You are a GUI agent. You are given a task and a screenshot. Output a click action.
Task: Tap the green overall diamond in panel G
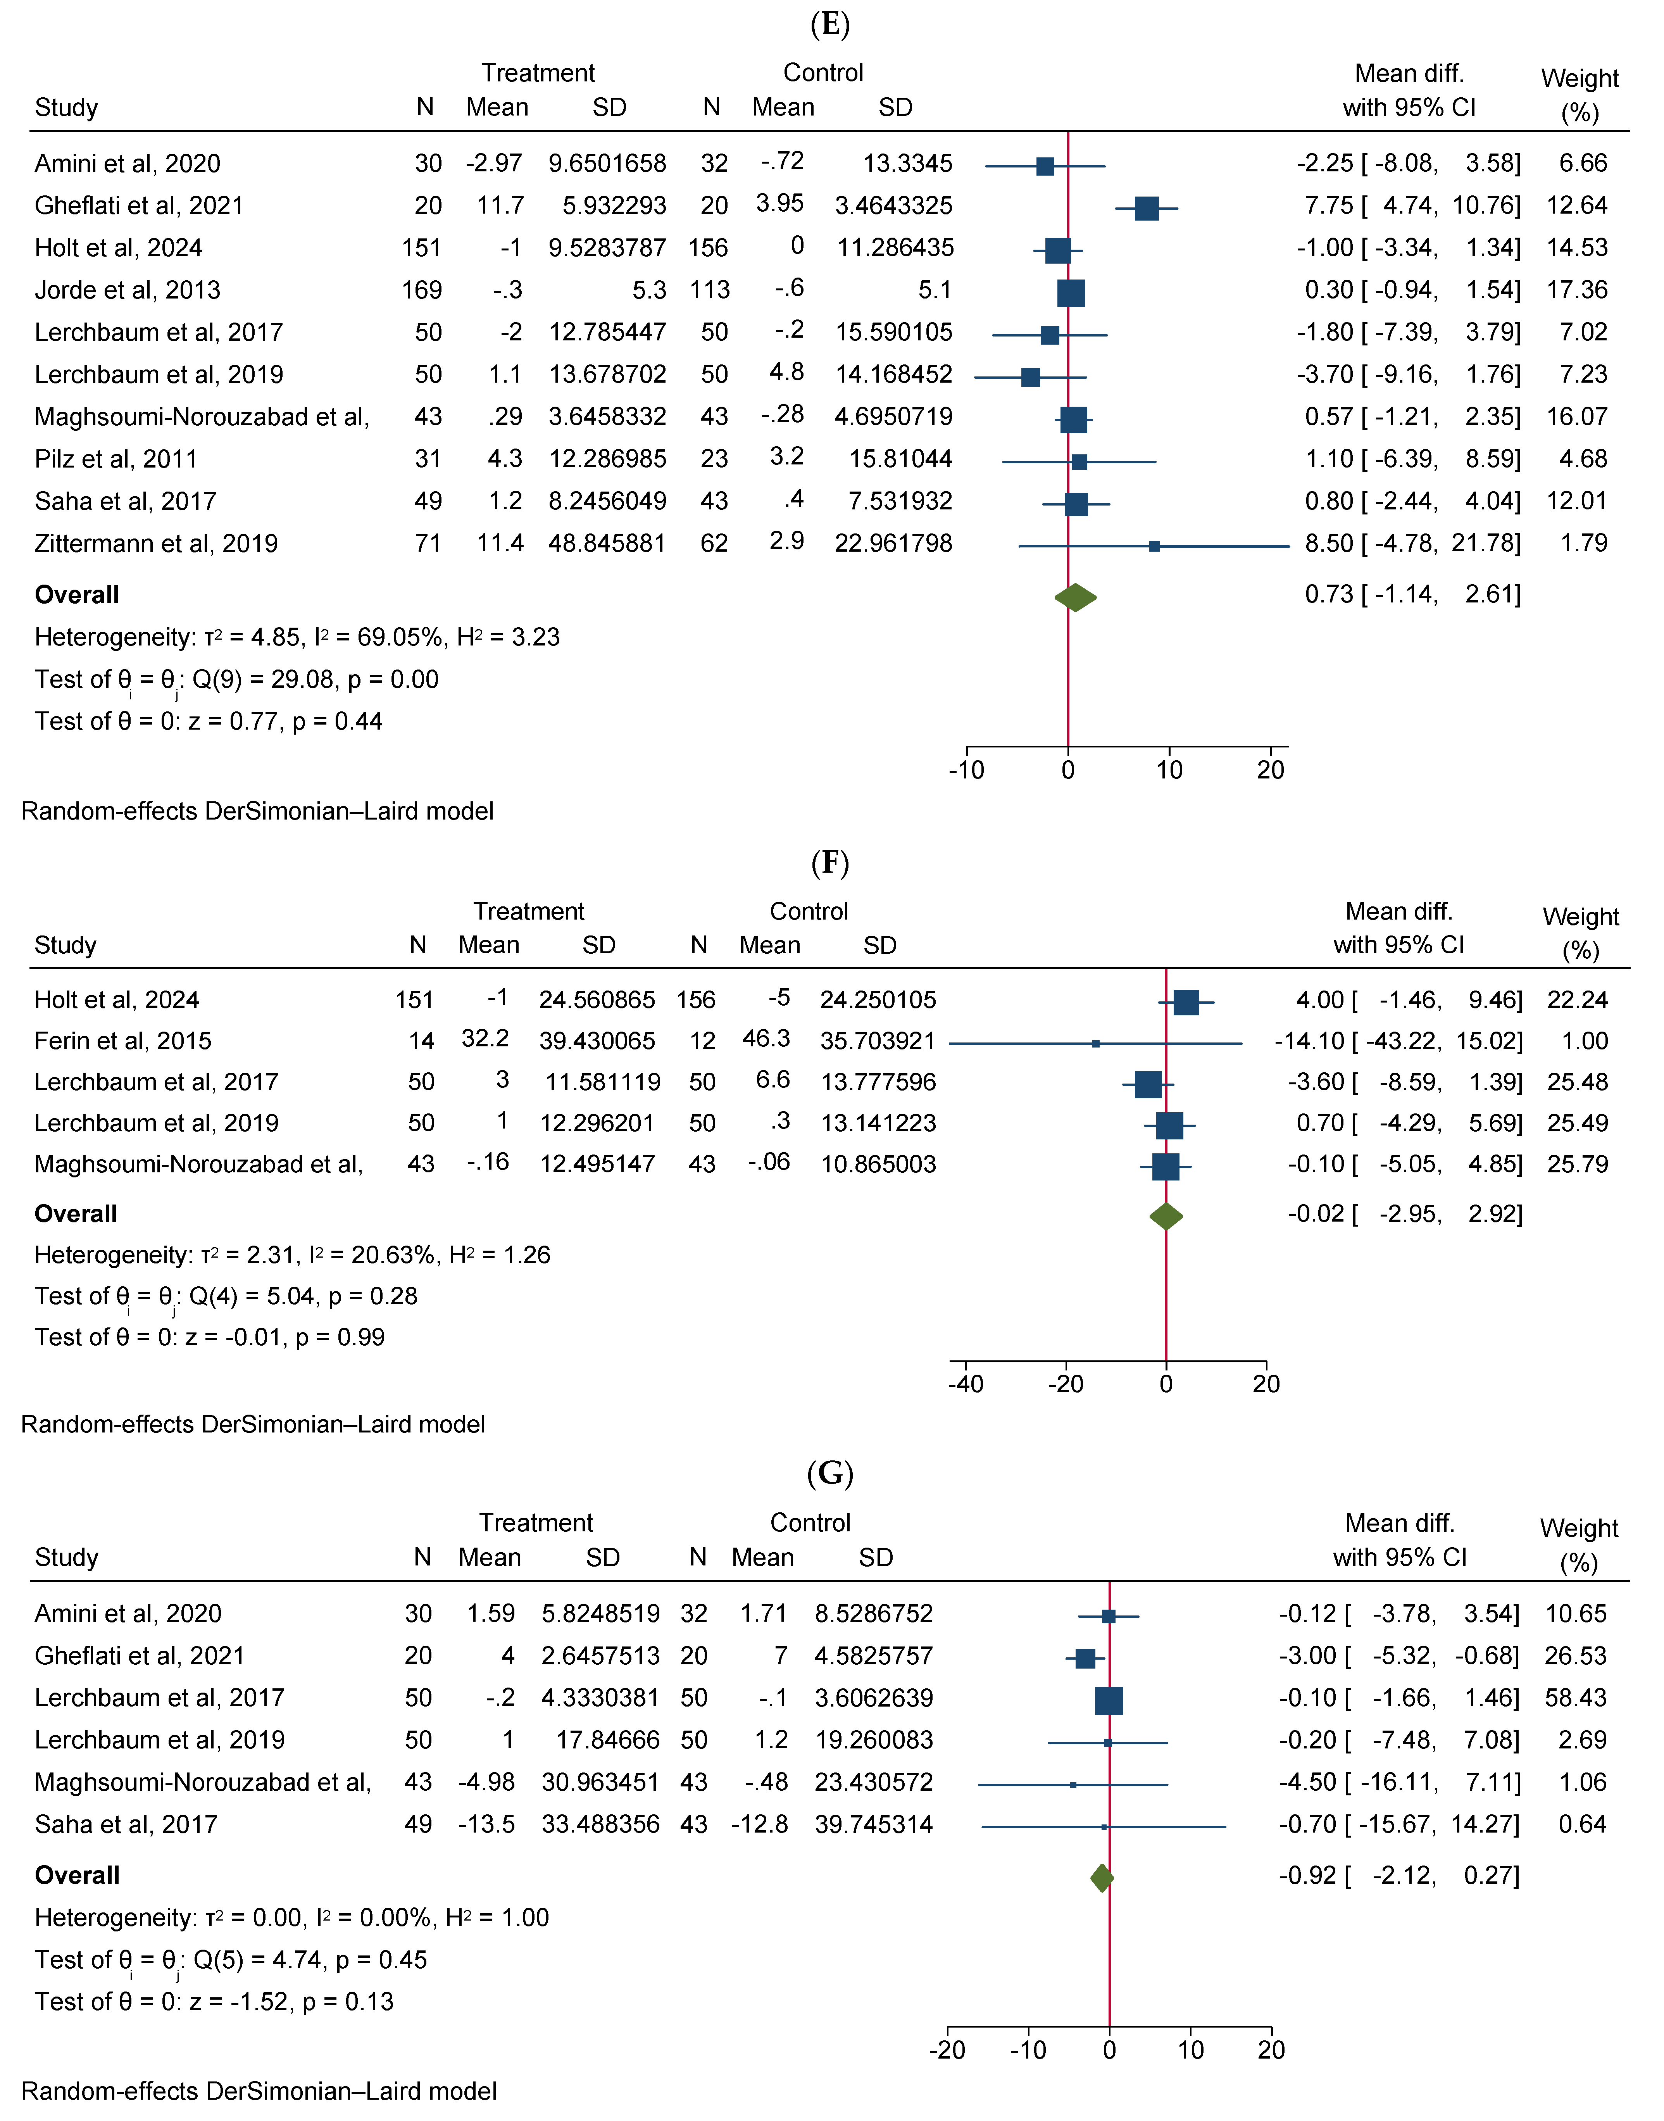pyautogui.click(x=1102, y=1878)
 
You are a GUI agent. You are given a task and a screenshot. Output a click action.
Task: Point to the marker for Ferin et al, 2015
pyautogui.click(x=1096, y=1044)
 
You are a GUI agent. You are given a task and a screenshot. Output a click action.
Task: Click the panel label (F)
pyautogui.click(x=830, y=863)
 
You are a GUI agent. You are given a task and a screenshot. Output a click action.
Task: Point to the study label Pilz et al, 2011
pyautogui.click(x=116, y=459)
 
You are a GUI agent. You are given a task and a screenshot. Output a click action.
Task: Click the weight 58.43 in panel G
pyautogui.click(x=1575, y=1698)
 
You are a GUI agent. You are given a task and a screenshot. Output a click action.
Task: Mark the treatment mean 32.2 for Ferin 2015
pyautogui.click(x=485, y=1039)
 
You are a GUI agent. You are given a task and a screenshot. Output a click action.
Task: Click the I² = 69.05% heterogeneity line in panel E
pyautogui.click(x=297, y=637)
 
